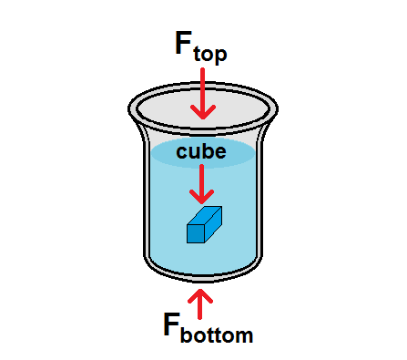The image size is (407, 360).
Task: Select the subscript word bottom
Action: pos(217,334)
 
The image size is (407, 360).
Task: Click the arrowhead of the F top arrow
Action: pos(202,111)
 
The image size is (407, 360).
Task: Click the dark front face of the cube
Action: pos(195,233)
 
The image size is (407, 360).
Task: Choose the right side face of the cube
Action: pos(213,226)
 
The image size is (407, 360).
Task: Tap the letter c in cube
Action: pos(182,150)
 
